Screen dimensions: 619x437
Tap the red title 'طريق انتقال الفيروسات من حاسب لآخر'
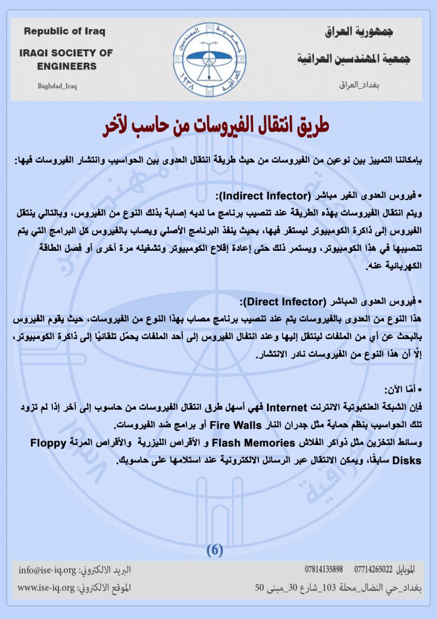218,129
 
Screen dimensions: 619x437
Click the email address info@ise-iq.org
47,569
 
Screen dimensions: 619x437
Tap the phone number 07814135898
325,569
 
